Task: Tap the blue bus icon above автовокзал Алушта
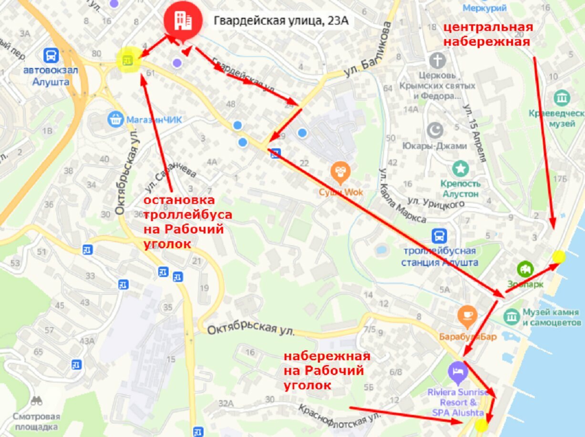[51, 56]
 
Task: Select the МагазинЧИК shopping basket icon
[115, 119]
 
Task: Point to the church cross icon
[437, 61]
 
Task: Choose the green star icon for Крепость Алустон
[460, 168]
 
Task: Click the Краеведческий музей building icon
[562, 98]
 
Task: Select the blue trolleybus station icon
[439, 236]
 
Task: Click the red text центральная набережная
[487, 34]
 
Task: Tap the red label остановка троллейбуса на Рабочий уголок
[188, 222]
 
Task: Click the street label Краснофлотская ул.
[340, 416]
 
